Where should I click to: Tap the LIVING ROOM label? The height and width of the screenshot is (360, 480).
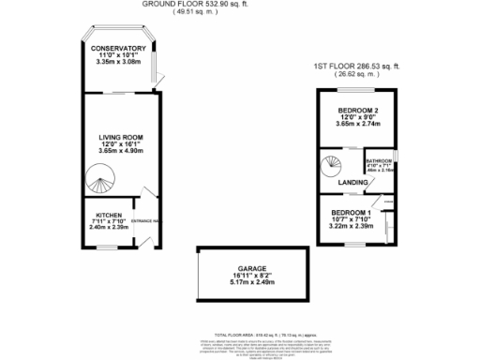click(119, 137)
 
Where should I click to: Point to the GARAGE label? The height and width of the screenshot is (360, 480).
click(248, 264)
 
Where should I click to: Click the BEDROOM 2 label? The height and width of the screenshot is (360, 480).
click(355, 109)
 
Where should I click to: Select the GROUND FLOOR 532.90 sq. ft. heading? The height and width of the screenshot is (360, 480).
click(197, 4)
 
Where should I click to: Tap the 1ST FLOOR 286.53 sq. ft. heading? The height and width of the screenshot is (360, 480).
click(356, 67)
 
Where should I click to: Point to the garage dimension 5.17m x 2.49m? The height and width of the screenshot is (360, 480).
click(248, 282)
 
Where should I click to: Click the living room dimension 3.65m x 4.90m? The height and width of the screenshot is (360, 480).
click(119, 155)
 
